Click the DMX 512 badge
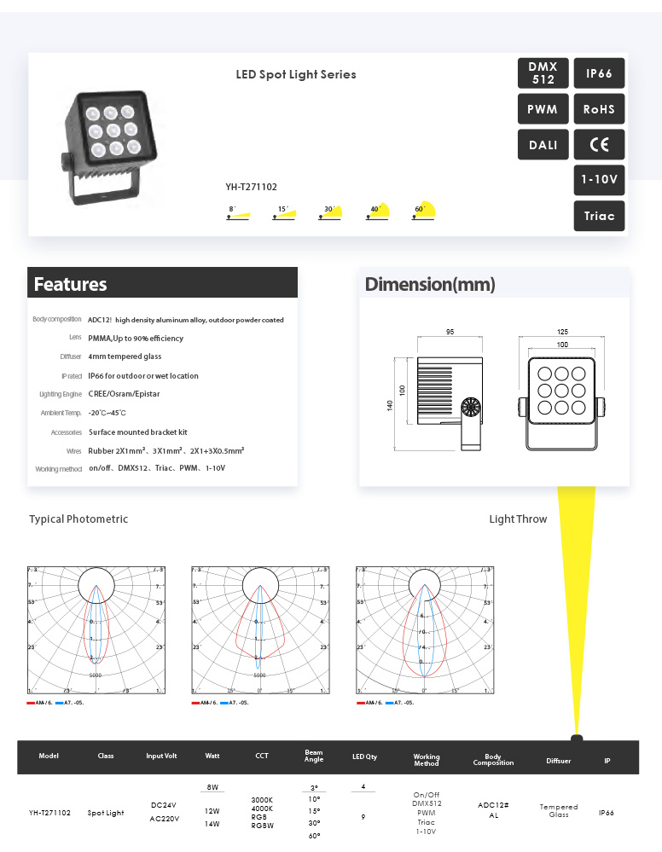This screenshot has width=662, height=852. click(x=543, y=73)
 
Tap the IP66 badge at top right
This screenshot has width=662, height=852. click(x=599, y=73)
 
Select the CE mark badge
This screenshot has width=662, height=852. click(x=599, y=144)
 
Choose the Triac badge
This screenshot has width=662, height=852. click(x=599, y=216)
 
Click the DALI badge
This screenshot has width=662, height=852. click(x=543, y=145)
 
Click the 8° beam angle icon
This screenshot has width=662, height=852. click(x=238, y=213)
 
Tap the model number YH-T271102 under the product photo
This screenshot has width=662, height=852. click(x=251, y=187)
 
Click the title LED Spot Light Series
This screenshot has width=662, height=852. click(x=296, y=74)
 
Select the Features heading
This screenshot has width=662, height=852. click(x=71, y=284)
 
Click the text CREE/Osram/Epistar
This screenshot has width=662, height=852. click(x=124, y=394)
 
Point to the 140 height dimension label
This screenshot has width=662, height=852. click(x=391, y=405)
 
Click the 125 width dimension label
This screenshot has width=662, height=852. click(x=562, y=331)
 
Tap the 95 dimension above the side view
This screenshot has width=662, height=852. click(x=450, y=331)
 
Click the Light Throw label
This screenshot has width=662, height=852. click(x=518, y=519)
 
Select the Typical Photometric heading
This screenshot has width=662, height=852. click(x=78, y=519)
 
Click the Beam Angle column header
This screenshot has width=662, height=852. click(x=314, y=756)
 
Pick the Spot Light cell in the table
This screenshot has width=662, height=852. click(x=106, y=813)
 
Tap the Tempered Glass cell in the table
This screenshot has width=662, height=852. click(x=559, y=810)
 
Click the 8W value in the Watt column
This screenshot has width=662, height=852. click(x=212, y=787)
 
